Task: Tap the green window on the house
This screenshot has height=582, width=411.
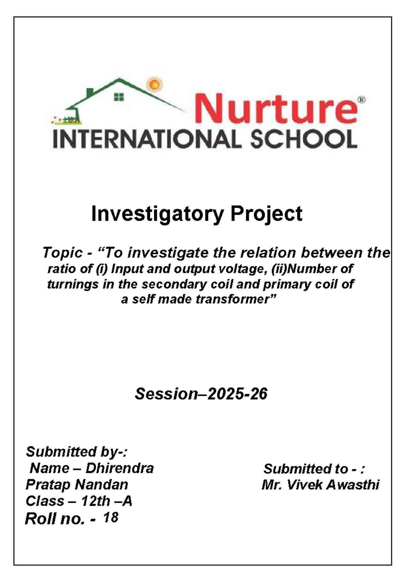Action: [119, 97]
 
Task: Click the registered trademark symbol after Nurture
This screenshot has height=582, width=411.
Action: [362, 100]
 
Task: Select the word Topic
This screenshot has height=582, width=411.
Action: [62, 253]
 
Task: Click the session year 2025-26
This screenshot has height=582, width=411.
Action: [237, 394]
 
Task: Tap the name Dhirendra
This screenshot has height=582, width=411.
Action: [120, 469]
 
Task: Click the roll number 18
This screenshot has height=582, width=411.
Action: [111, 518]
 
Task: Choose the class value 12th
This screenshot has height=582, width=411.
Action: [96, 501]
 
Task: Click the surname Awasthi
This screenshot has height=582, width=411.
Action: [352, 485]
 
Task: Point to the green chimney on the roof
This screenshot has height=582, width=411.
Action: [90, 92]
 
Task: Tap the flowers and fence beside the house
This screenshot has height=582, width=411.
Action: [67, 120]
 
